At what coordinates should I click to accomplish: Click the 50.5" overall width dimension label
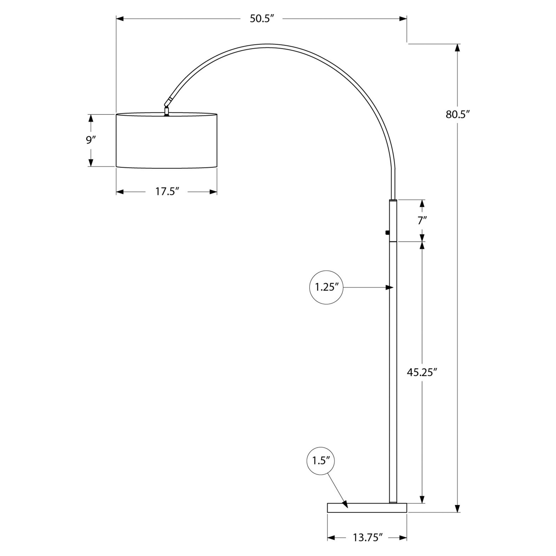pyautogui.click(x=262, y=19)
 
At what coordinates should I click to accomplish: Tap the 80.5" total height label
pyautogui.click(x=457, y=114)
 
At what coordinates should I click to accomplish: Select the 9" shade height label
pyautogui.click(x=91, y=140)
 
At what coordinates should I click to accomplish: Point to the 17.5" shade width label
pyautogui.click(x=167, y=191)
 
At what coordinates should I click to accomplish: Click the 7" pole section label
pyautogui.click(x=422, y=221)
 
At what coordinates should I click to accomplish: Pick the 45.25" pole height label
pyautogui.click(x=422, y=372)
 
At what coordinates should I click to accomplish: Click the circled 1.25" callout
pyautogui.click(x=326, y=287)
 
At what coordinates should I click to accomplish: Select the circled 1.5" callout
pyautogui.click(x=321, y=469)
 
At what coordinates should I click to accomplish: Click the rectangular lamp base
pyautogui.click(x=367, y=508)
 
